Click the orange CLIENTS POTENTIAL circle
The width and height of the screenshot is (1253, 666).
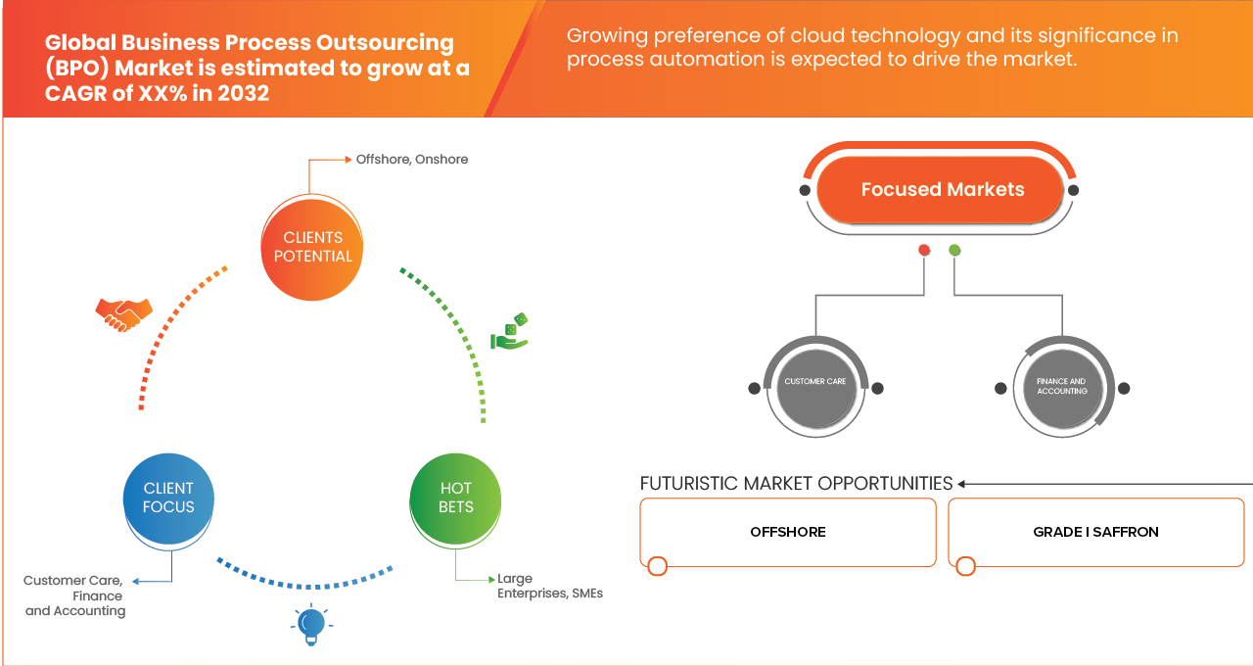[x=312, y=247]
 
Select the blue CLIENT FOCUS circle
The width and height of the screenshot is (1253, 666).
[x=168, y=498]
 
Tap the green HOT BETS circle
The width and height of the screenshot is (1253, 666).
[x=455, y=498]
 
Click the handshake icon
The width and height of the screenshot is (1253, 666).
[x=123, y=313]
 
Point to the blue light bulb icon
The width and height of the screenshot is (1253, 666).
[x=311, y=624]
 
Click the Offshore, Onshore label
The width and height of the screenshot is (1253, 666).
[x=411, y=160]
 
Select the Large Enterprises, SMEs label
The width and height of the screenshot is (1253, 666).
[x=549, y=586]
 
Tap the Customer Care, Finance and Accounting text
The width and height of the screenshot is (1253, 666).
[x=75, y=595]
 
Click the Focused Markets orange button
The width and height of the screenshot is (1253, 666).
[x=942, y=190]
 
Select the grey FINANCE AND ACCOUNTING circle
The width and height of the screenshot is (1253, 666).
[x=1062, y=387]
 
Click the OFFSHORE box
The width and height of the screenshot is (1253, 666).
[x=788, y=532]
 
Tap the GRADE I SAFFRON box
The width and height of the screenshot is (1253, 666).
[x=1095, y=532]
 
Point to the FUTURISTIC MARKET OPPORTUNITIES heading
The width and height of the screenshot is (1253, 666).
[x=796, y=484]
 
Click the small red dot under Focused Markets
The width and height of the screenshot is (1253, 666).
[x=924, y=251]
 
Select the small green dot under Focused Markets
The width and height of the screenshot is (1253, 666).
[x=954, y=251]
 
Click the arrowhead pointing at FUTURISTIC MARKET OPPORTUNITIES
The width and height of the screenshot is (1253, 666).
[x=962, y=484]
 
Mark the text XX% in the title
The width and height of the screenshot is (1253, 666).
[x=143, y=95]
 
